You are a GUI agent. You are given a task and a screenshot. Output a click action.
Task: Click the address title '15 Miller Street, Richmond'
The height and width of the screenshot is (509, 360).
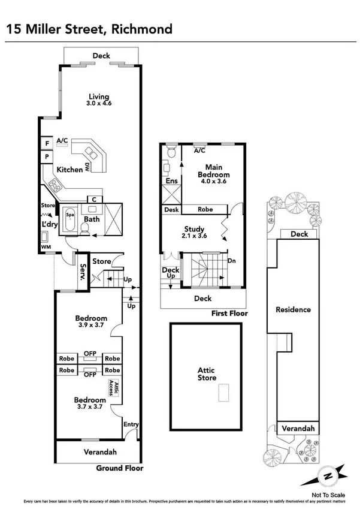[x=88, y=29]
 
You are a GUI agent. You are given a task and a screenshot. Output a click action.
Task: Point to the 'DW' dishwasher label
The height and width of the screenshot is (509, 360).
[x=87, y=166]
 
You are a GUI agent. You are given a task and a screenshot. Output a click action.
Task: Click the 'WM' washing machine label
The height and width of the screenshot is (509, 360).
[x=46, y=247]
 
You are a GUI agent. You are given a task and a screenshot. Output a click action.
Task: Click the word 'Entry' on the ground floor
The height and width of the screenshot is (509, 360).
[x=131, y=424]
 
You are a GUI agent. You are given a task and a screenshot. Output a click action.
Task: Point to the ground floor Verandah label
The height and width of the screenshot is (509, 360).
[x=99, y=452]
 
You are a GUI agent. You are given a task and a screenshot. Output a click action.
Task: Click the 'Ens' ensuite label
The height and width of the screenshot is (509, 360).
[x=171, y=180]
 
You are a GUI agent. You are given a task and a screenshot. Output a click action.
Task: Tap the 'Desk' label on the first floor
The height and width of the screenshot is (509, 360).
[x=172, y=210]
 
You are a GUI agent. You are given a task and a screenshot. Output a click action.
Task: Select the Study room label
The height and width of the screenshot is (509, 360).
[x=195, y=233]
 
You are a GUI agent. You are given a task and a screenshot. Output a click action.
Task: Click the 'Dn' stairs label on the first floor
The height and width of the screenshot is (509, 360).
[x=232, y=261]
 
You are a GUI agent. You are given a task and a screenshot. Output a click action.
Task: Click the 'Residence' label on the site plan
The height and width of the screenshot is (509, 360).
[x=293, y=310]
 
